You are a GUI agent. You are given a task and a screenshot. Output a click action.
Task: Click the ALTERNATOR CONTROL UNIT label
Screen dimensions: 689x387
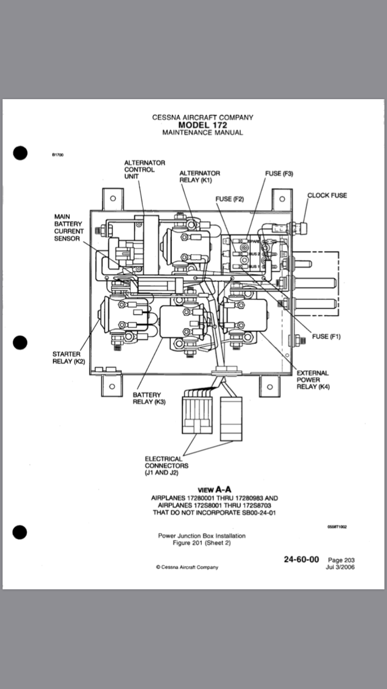coord(144,169)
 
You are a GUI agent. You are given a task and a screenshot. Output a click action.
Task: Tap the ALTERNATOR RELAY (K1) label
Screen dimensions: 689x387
coord(199,177)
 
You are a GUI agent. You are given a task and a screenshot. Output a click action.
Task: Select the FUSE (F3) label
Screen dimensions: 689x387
coord(279,174)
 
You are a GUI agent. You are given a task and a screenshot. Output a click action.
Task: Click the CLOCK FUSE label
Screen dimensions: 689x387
coord(327,195)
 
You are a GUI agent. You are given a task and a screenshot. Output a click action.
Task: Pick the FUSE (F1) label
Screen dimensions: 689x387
coord(327,337)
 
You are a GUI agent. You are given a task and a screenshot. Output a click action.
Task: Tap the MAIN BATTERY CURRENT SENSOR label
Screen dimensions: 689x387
coord(68,228)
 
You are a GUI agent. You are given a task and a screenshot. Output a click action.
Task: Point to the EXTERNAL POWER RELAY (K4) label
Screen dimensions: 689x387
coord(313,380)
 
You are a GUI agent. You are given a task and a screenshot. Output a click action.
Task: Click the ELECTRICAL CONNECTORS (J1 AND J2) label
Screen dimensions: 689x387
coord(164,466)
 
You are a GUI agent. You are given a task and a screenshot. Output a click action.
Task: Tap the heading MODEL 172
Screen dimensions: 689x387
coord(202,125)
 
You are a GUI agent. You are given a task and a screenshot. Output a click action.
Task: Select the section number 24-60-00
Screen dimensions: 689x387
coord(301,559)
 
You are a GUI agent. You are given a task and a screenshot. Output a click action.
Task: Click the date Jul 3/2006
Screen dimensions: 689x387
coord(340,567)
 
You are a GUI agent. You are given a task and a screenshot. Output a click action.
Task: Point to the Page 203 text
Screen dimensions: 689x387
coord(341,560)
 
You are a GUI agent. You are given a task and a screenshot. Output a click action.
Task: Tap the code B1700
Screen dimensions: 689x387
coord(57,154)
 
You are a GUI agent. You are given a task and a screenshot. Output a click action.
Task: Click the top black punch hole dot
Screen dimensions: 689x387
coord(20,153)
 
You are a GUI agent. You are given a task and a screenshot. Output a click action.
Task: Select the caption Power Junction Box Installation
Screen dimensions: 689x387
coord(202,536)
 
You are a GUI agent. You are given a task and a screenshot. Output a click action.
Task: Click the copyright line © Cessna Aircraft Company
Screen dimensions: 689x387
coord(187,567)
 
